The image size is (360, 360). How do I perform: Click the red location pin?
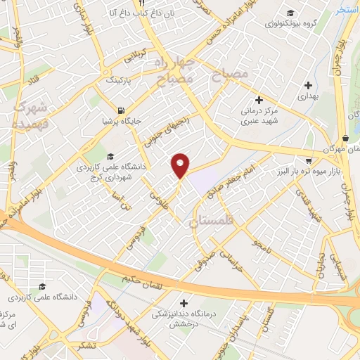point(181,165)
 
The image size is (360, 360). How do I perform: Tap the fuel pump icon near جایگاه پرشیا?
point(122,110)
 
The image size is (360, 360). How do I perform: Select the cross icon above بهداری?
point(308,85)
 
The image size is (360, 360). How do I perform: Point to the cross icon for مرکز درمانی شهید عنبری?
point(259,101)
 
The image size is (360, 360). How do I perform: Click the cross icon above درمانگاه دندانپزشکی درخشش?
point(184,302)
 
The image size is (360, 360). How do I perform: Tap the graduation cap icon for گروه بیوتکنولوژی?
point(290,13)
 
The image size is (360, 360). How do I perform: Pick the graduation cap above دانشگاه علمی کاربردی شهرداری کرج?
point(109,156)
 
